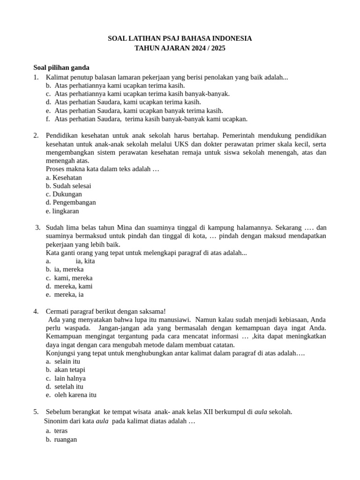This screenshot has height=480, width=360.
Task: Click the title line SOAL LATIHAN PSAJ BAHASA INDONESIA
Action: [180, 38]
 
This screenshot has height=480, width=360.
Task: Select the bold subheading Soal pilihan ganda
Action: [61, 67]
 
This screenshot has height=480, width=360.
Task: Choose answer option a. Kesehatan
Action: [64, 178]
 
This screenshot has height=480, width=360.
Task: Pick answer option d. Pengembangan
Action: [71, 202]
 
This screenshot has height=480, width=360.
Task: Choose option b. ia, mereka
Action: [65, 270]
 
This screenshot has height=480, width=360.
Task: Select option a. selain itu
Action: [63, 361]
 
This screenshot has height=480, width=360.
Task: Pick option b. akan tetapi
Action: [66, 370]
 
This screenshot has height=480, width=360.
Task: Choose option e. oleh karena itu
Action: [71, 395]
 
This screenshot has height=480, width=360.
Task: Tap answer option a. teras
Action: [57, 430]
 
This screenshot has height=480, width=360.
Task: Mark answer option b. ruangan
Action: [61, 440]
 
